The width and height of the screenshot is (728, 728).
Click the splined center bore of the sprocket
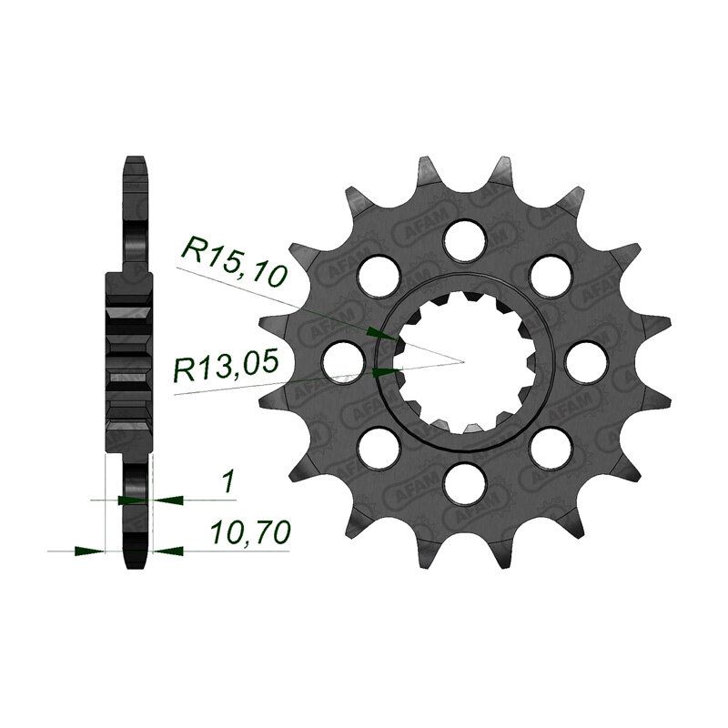[466, 359]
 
